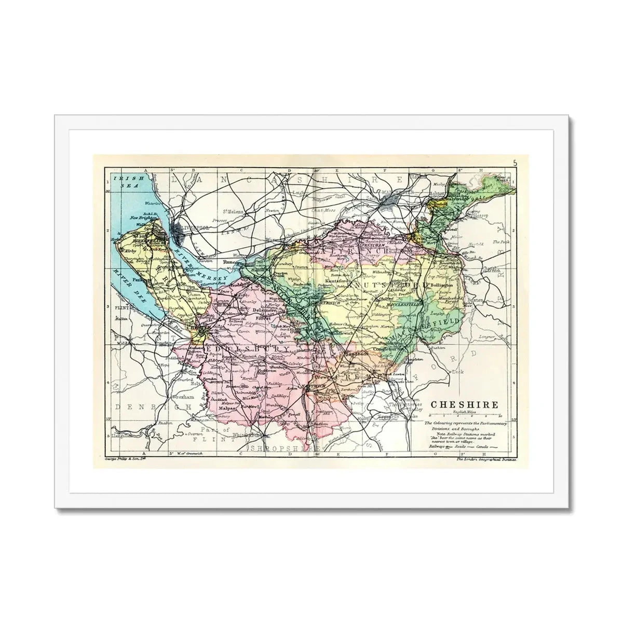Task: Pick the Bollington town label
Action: [x=442, y=286]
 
